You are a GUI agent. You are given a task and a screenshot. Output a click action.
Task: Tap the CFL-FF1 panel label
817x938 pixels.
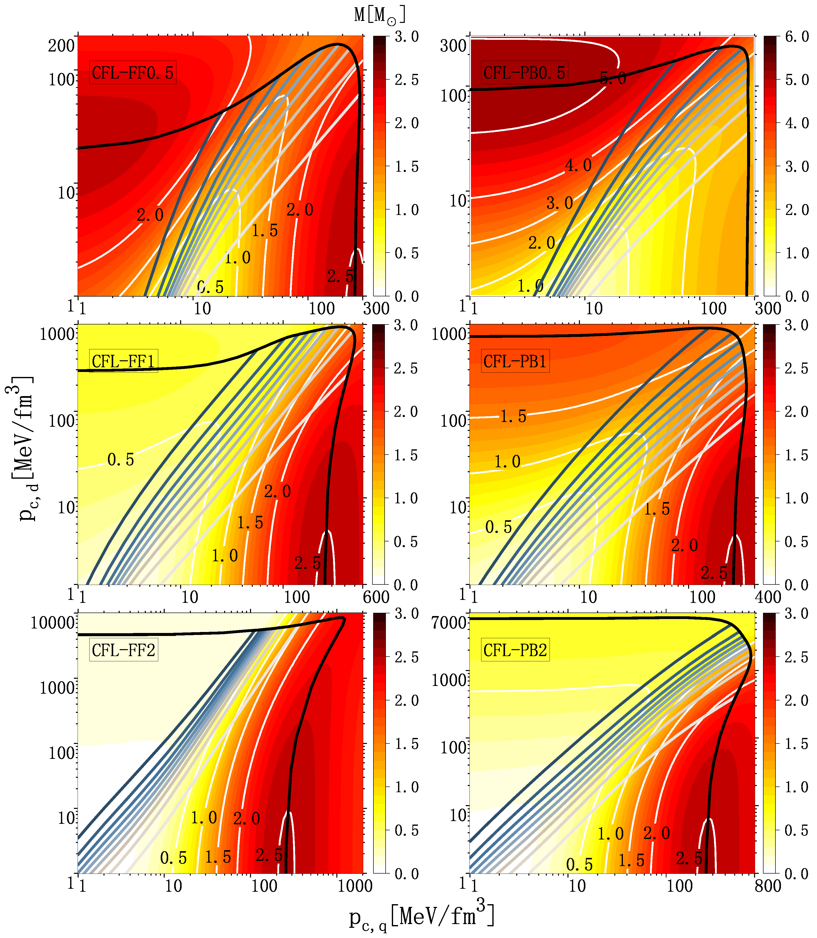(124, 362)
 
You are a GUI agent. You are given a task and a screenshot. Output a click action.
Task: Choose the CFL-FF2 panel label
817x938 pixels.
(124, 650)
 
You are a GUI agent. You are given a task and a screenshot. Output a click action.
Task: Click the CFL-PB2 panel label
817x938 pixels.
(515, 650)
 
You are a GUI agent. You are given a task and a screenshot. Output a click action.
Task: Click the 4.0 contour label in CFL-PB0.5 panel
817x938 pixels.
(578, 165)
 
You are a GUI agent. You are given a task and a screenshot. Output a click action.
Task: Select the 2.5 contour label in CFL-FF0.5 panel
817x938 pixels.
(340, 276)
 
